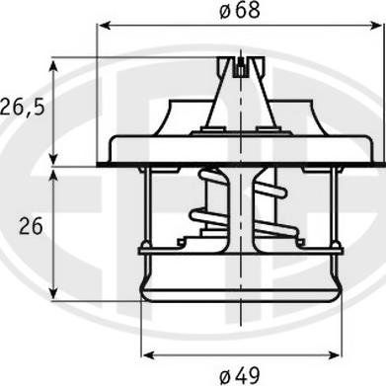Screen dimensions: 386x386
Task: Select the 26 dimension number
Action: tap(30, 226)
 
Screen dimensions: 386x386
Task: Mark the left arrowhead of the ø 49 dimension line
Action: tap(148, 352)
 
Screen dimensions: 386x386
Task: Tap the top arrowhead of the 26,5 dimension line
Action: tap(55, 61)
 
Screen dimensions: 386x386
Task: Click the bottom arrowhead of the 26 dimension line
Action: tap(55, 291)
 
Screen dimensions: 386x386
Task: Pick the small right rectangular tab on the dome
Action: tap(265, 127)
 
